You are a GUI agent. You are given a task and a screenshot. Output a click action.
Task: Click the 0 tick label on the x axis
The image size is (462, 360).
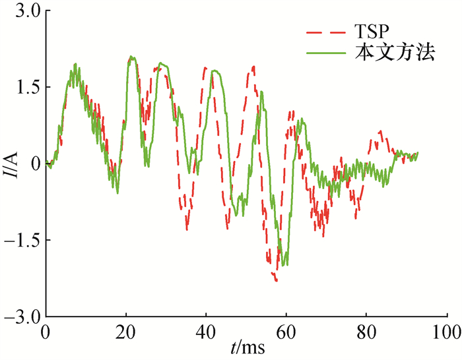click(46, 330)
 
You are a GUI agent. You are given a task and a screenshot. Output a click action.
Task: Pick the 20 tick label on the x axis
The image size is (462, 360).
click(125, 330)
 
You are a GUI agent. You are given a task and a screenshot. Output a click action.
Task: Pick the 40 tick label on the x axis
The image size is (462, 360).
click(206, 330)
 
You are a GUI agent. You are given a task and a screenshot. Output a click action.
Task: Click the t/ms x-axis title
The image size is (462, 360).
click(246, 347)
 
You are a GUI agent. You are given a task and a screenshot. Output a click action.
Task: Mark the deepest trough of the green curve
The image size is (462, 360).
click(285, 265)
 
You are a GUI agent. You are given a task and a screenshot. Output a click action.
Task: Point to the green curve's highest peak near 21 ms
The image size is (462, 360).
click(131, 57)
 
